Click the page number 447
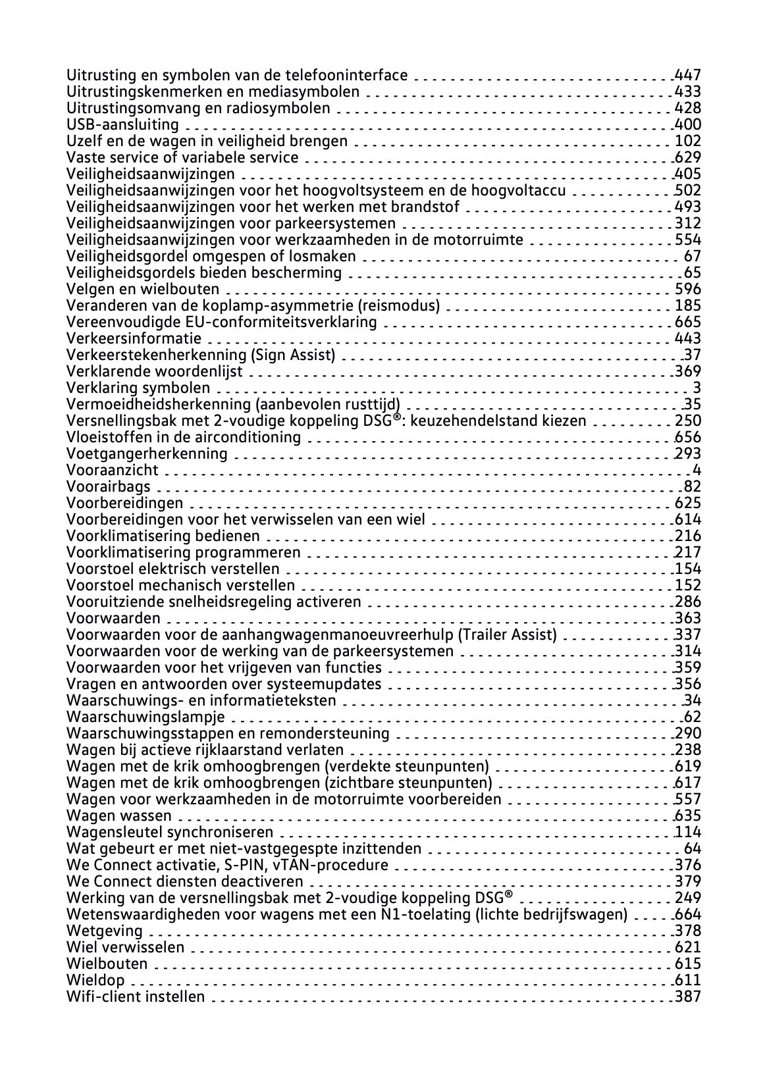688,75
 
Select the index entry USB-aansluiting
122,124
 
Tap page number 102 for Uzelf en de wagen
688,141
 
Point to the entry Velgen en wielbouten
143,289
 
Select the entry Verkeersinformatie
134,338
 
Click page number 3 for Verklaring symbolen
697,388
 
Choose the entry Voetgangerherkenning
147,453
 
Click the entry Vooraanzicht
113,470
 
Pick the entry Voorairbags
109,486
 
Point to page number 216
688,536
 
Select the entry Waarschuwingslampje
145,717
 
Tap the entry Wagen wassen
119,816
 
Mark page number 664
688,914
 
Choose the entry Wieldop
95,980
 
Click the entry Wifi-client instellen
136,997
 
